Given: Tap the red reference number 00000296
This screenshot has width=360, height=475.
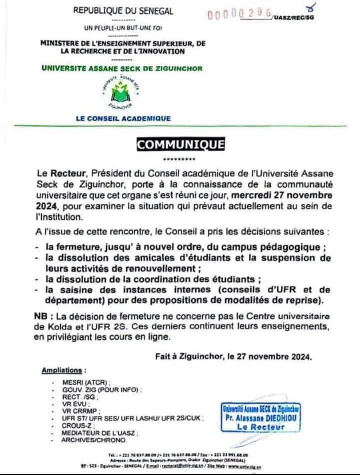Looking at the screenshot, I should coord(239,14).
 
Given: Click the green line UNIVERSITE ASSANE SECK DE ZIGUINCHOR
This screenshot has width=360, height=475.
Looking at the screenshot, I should coord(122,68).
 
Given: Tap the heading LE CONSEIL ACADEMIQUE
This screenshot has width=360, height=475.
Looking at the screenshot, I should coord(122,119).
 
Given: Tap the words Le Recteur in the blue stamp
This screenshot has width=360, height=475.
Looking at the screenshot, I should coord(262,427).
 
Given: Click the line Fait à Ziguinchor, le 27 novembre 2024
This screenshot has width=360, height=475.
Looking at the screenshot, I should coord(234,357).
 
